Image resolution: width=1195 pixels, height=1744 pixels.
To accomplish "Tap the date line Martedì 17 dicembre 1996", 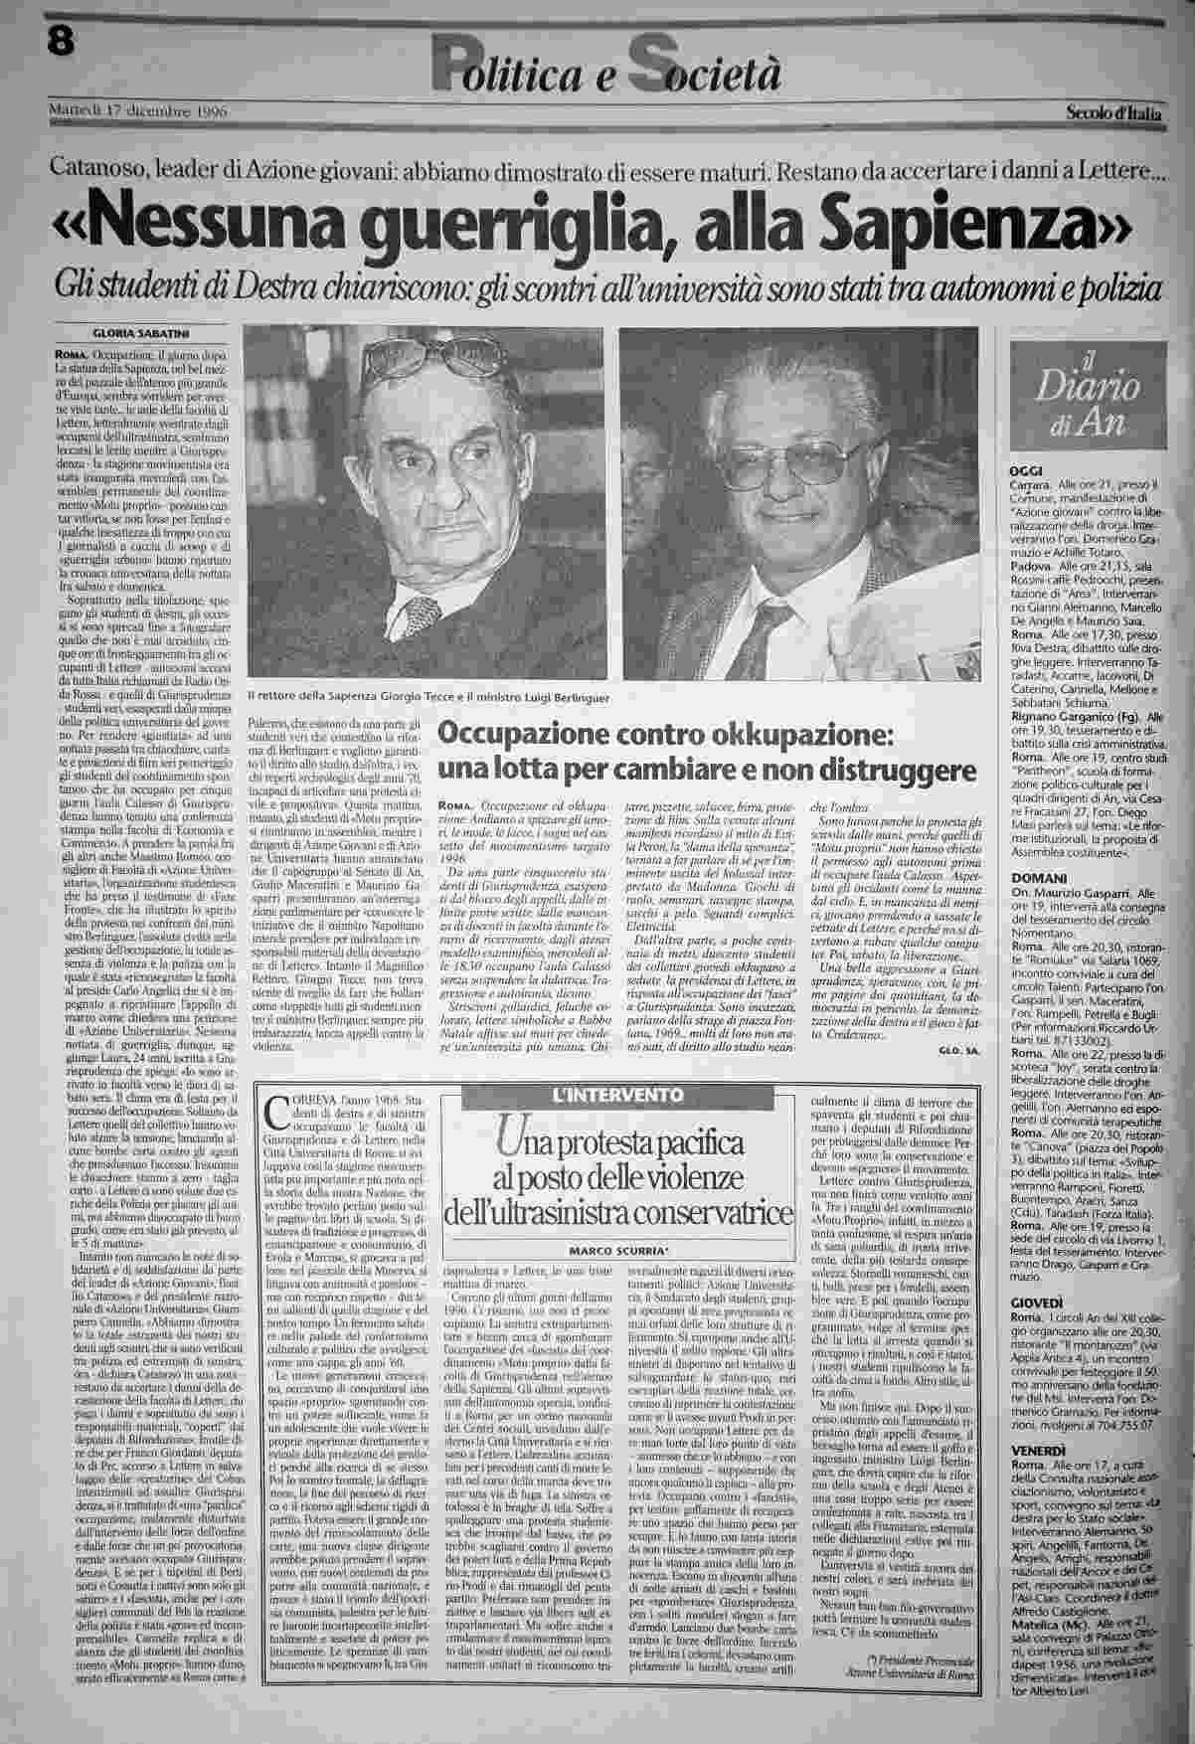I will click(x=140, y=111).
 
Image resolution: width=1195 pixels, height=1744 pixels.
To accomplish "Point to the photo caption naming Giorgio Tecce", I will click(x=427, y=697).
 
